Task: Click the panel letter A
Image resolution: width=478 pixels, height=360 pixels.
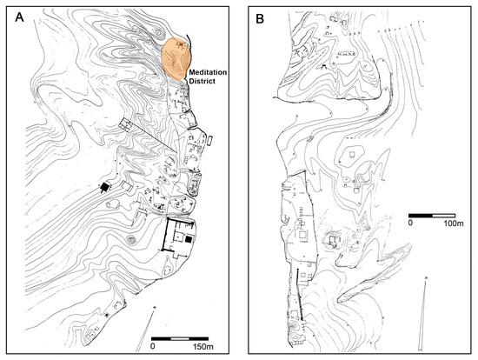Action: tap(14, 15)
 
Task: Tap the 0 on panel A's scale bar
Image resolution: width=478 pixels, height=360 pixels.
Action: tap(154, 345)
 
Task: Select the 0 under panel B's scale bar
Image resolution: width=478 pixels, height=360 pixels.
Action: tap(411, 223)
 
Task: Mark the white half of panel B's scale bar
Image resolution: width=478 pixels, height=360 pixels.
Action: tap(444, 213)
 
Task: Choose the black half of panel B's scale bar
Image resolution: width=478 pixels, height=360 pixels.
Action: tap(422, 213)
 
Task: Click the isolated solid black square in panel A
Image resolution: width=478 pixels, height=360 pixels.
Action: tap(105, 188)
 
